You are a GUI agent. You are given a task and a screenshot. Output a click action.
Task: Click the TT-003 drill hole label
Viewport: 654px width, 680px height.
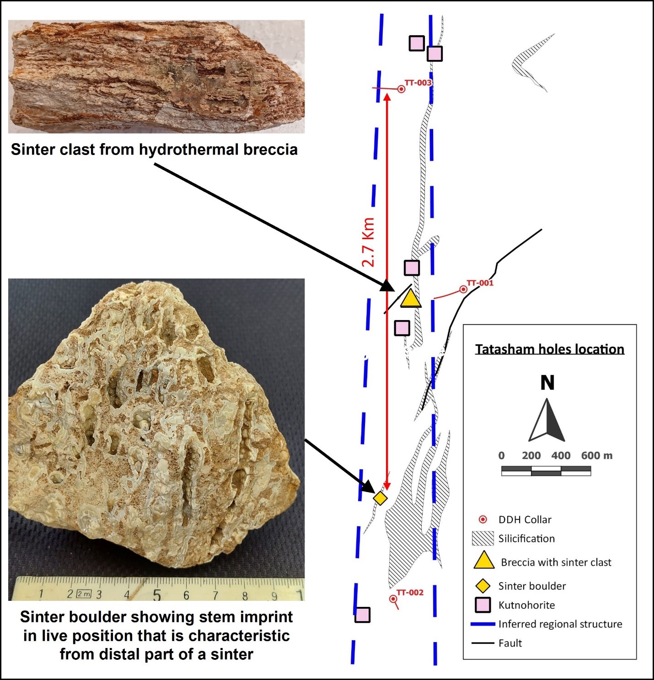point(418,83)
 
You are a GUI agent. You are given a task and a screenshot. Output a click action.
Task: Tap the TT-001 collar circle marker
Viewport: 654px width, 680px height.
point(463,289)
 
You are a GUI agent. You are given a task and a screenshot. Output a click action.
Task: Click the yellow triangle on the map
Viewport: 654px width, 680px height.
point(411,298)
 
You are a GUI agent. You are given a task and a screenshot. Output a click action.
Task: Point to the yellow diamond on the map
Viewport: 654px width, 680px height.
point(381,498)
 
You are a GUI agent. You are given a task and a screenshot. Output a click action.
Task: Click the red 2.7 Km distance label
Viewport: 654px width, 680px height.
point(369,242)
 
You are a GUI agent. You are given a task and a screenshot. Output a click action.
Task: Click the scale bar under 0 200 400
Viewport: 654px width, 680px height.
point(546,471)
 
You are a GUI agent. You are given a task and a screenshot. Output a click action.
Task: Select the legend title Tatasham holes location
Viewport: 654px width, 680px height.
point(549,349)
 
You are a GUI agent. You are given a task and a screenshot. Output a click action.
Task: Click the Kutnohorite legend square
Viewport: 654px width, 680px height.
point(482,605)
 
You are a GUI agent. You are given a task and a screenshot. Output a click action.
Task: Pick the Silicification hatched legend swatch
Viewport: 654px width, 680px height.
point(482,539)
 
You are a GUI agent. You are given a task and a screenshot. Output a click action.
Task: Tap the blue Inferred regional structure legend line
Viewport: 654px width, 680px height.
point(483,624)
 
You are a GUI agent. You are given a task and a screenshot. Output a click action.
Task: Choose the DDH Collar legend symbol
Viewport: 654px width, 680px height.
point(482,519)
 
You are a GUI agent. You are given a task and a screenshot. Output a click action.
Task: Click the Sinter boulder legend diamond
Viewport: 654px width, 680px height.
point(482,586)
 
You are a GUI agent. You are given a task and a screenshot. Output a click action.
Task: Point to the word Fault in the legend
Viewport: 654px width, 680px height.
point(510,643)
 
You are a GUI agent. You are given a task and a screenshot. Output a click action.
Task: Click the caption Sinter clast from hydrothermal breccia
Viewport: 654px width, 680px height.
point(154,150)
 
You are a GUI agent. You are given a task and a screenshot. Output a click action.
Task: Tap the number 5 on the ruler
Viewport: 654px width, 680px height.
point(157,595)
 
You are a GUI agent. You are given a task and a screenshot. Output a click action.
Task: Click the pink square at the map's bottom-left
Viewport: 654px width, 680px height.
point(363,615)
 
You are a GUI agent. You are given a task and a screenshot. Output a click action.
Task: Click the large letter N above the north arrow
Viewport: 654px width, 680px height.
point(547,383)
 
